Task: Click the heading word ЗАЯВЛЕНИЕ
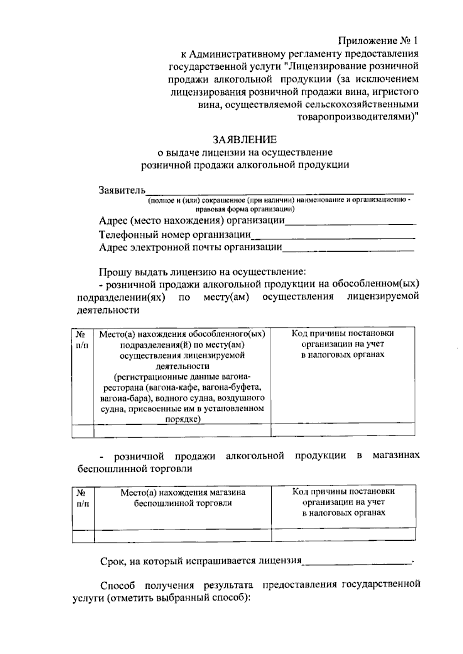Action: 245,139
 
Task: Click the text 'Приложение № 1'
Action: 378,40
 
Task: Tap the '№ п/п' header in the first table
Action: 83,340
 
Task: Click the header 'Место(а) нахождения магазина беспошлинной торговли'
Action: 183,498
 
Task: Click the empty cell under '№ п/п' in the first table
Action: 83,430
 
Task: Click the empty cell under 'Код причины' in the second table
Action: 343,535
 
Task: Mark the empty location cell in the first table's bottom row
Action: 182,430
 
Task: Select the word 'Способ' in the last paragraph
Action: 117,585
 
